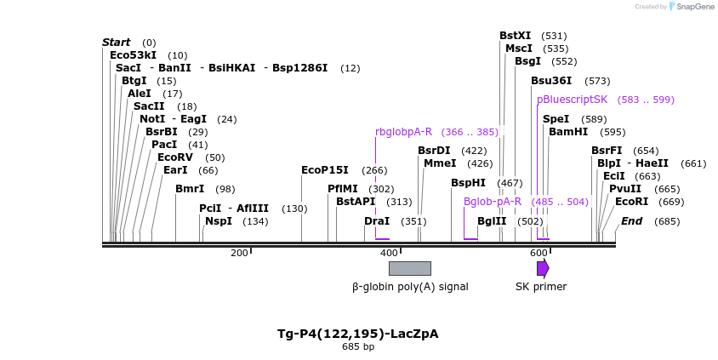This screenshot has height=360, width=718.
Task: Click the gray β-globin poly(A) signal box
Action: pyautogui.click(x=409, y=268)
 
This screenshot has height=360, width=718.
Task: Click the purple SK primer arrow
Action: pyautogui.click(x=542, y=268)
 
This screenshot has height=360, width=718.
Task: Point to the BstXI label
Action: pyautogui.click(x=515, y=36)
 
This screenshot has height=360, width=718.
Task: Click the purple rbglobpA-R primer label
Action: pyautogui.click(x=403, y=132)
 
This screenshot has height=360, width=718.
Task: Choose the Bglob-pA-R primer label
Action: pyautogui.click(x=492, y=202)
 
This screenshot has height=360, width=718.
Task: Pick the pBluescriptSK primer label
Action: pyautogui.click(x=572, y=100)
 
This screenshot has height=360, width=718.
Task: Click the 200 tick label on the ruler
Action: pyautogui.click(x=239, y=253)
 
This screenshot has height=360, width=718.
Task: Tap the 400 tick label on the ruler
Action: pyautogui.click(x=389, y=253)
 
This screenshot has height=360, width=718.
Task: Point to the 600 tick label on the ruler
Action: pyautogui.click(x=538, y=253)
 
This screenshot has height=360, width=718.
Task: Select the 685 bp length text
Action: pyautogui.click(x=358, y=347)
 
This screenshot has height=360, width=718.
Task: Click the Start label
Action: pyautogui.click(x=116, y=43)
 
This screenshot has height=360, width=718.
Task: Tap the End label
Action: pyautogui.click(x=631, y=221)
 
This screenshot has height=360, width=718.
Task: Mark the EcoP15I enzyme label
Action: pyautogui.click(x=325, y=170)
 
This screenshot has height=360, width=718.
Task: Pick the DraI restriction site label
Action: pyautogui.click(x=377, y=221)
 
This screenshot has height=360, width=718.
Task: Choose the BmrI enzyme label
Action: pyautogui.click(x=190, y=189)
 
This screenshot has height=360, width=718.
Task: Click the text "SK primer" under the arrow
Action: pyautogui.click(x=541, y=287)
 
